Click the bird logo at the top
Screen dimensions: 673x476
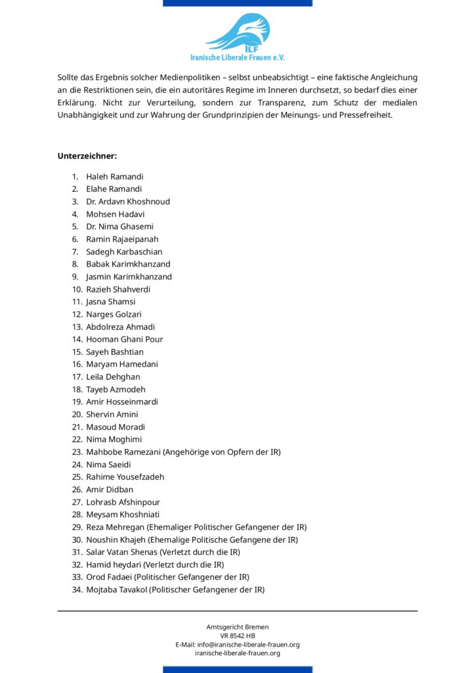pos(238,32)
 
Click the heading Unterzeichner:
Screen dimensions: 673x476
pos(87,156)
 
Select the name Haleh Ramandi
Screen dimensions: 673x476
pos(114,177)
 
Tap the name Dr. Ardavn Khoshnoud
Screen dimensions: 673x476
pos(127,202)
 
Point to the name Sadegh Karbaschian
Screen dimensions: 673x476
pos(124,252)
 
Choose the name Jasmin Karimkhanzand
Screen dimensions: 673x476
pos(129,277)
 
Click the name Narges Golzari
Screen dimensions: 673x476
pos(114,314)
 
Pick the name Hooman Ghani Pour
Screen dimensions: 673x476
pos(124,339)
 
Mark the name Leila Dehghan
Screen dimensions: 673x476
pos(113,377)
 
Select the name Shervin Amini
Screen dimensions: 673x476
pos(112,414)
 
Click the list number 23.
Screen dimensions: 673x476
pos(77,452)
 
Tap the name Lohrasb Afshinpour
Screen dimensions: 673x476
pos(123,502)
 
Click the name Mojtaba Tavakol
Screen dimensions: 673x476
pos(117,590)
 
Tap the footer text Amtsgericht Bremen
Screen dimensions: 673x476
pos(238,627)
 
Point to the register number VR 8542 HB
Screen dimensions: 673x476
pos(238,636)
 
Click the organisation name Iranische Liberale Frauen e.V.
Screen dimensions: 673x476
pos(238,58)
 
